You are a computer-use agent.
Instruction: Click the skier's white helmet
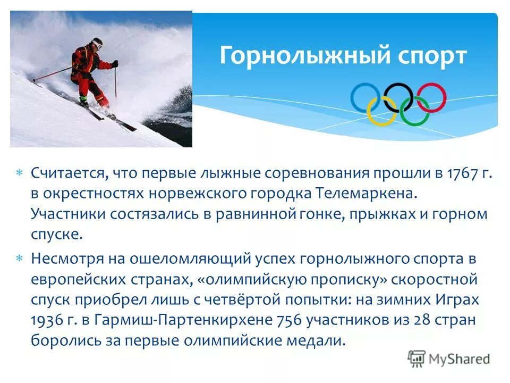click(97, 43)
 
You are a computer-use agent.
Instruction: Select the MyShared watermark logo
click(449, 359)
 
